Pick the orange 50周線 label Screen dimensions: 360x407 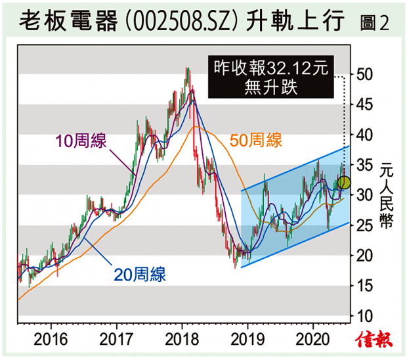click(256, 140)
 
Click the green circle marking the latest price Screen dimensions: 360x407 click(344, 183)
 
